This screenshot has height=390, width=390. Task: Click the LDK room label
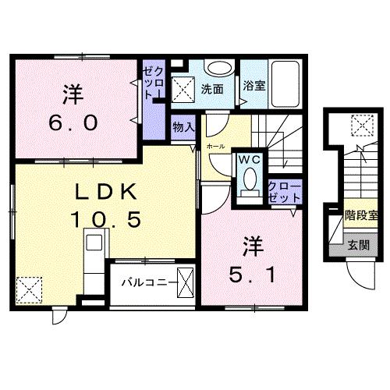pyautogui.click(x=107, y=193)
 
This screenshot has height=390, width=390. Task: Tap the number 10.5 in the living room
pyautogui.click(x=107, y=220)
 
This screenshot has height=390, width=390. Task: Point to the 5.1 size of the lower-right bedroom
pyautogui.click(x=250, y=274)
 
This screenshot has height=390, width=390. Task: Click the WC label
pyautogui.click(x=249, y=159)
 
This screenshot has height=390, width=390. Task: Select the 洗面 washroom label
pyautogui.click(x=212, y=89)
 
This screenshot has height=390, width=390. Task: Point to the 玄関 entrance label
pyautogui.click(x=359, y=245)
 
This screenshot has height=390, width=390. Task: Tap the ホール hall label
pyautogui.click(x=215, y=146)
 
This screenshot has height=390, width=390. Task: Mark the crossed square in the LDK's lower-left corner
pyautogui.click(x=29, y=289)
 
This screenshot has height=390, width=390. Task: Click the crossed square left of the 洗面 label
pyautogui.click(x=184, y=88)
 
